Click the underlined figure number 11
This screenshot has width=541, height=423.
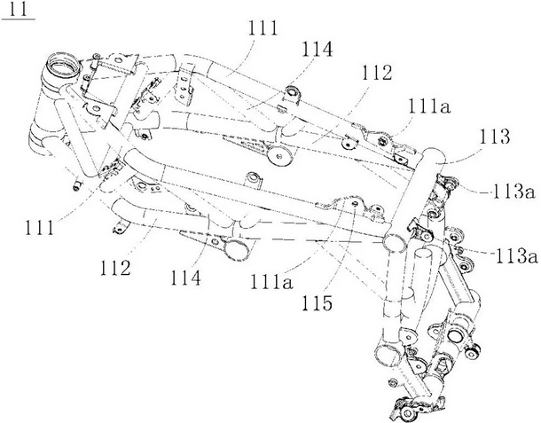pyautogui.click(x=18, y=10)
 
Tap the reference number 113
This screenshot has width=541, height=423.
pyautogui.click(x=494, y=137)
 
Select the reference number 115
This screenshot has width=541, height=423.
pyautogui.click(x=317, y=303)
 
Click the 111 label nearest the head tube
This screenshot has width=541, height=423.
pyautogui.click(x=39, y=228)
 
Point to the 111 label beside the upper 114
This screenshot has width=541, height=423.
pyautogui.click(x=263, y=28)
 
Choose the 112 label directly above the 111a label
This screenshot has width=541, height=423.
pyautogui.click(x=377, y=73)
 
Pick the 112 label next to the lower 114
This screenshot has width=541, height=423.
pyautogui.click(x=115, y=268)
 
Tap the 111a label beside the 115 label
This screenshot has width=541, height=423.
pyautogui.click(x=272, y=281)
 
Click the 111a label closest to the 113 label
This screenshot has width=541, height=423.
pyautogui.click(x=429, y=106)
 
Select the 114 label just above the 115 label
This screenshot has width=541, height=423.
pyautogui.click(x=185, y=278)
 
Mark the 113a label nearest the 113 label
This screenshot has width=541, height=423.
pyautogui.click(x=514, y=192)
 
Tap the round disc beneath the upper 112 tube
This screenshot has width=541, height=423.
pyautogui.click(x=280, y=156)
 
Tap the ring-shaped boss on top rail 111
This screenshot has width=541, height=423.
pyautogui.click(x=291, y=92)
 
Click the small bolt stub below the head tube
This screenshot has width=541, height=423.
pyautogui.click(x=76, y=184)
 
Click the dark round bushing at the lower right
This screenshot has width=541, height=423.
pyautogui.click(x=472, y=352)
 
